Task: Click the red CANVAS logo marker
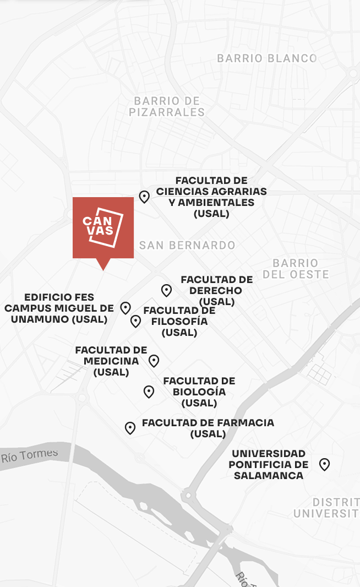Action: [103, 227]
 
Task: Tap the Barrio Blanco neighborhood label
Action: [266, 58]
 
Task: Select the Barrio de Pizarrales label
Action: [167, 107]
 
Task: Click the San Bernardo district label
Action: [187, 246]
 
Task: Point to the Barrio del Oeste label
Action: [296, 269]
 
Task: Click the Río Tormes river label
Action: [29, 455]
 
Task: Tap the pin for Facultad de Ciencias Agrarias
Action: [144, 197]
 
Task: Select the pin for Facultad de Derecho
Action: [166, 290]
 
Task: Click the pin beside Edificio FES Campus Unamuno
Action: [126, 308]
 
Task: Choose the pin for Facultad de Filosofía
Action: [135, 321]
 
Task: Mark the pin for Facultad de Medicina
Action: [154, 361]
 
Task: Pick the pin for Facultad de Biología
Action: [149, 392]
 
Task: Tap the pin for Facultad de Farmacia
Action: [130, 428]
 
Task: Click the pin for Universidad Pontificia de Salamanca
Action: [325, 464]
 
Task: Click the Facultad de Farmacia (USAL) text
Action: [208, 428]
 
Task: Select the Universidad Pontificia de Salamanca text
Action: [268, 464]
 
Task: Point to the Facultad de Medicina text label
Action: [111, 361]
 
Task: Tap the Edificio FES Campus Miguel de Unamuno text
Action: [59, 308]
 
